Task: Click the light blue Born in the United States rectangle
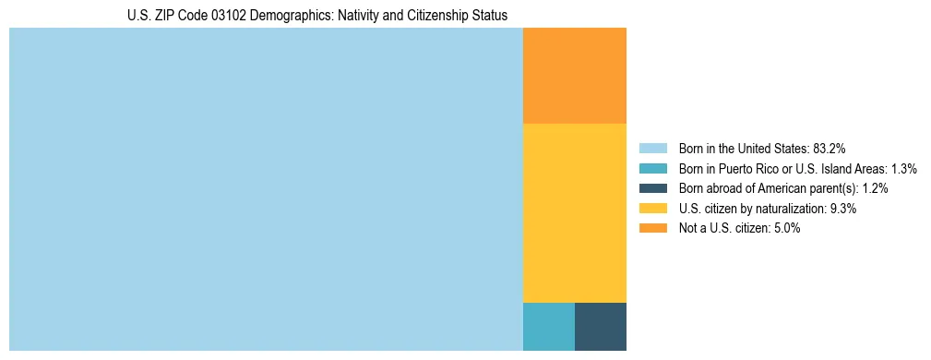pos(266,189)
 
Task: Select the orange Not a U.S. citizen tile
pos(574,76)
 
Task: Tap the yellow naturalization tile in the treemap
pos(574,212)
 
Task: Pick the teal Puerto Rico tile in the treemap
pos(548,326)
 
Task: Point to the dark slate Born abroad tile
pos(600,326)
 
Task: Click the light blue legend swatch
pos(652,148)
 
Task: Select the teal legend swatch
pos(652,168)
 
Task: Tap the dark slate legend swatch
pos(652,188)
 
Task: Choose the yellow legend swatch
pos(652,209)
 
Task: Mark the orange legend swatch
pos(652,229)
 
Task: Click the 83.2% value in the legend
pos(830,148)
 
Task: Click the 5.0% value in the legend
pos(785,229)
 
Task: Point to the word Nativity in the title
pos(340,16)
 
